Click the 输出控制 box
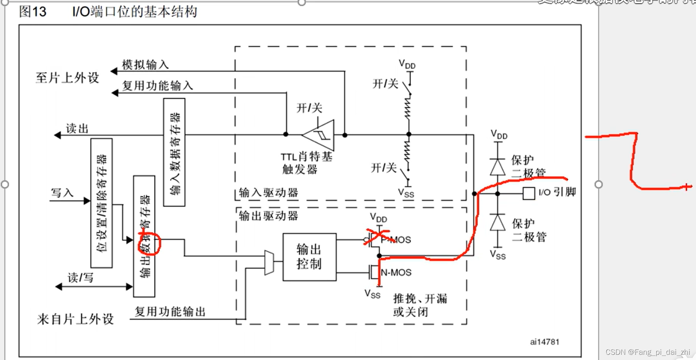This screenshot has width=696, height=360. point(309,257)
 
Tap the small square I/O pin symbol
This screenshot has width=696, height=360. point(528,193)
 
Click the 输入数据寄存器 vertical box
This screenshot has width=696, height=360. point(174,152)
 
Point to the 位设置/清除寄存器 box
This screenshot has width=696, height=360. point(101,203)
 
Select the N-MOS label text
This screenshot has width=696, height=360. point(396,273)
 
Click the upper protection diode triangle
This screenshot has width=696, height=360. point(498,167)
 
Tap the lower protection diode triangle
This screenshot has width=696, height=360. point(498,222)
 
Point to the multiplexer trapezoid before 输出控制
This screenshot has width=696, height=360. point(269,263)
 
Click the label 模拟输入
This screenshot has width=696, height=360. point(145,64)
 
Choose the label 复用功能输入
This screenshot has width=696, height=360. point(157,86)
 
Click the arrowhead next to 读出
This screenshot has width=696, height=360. point(57,136)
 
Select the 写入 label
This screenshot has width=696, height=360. point(62,193)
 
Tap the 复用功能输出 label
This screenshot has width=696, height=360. point(170,312)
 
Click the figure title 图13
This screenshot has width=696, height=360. point(33,12)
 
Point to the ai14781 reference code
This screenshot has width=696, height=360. point(544,342)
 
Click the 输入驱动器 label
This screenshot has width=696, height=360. point(268,193)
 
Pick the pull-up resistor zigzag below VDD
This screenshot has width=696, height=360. point(408,109)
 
